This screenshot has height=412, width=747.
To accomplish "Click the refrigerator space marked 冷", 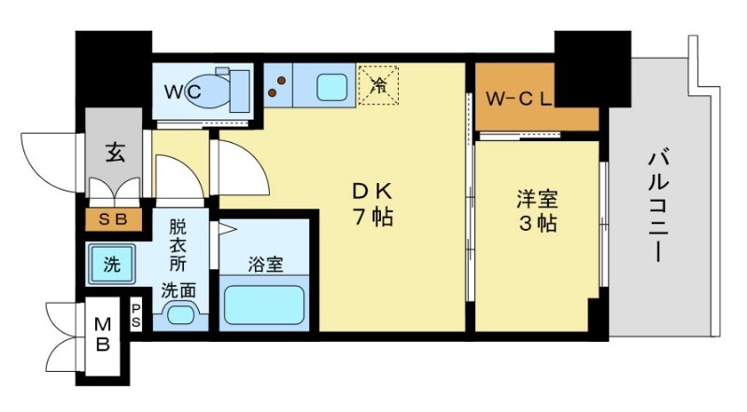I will pos(379,85).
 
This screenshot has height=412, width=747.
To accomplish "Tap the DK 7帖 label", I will pos(372,205).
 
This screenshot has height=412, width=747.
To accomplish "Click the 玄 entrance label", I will pos(113,149).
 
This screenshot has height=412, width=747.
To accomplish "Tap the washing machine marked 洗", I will pos(112,264).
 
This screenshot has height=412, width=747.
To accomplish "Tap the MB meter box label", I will pos(104,334).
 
